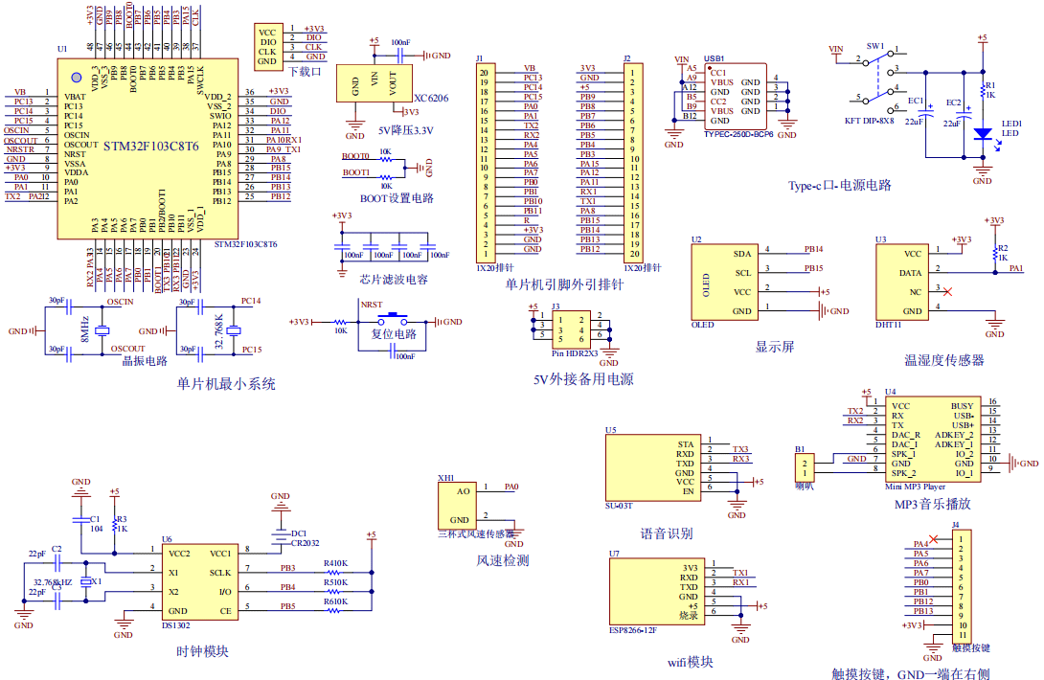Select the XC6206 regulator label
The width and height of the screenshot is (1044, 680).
(431, 98)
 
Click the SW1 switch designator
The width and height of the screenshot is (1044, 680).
(875, 46)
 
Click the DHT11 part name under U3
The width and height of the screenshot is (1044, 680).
(889, 326)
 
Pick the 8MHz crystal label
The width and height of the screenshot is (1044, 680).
(85, 328)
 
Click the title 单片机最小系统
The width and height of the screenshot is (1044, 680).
(226, 383)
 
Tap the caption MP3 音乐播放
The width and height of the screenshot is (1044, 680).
(932, 504)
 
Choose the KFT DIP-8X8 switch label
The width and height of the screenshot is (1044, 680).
(869, 122)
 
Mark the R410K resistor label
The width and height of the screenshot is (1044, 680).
(335, 563)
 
